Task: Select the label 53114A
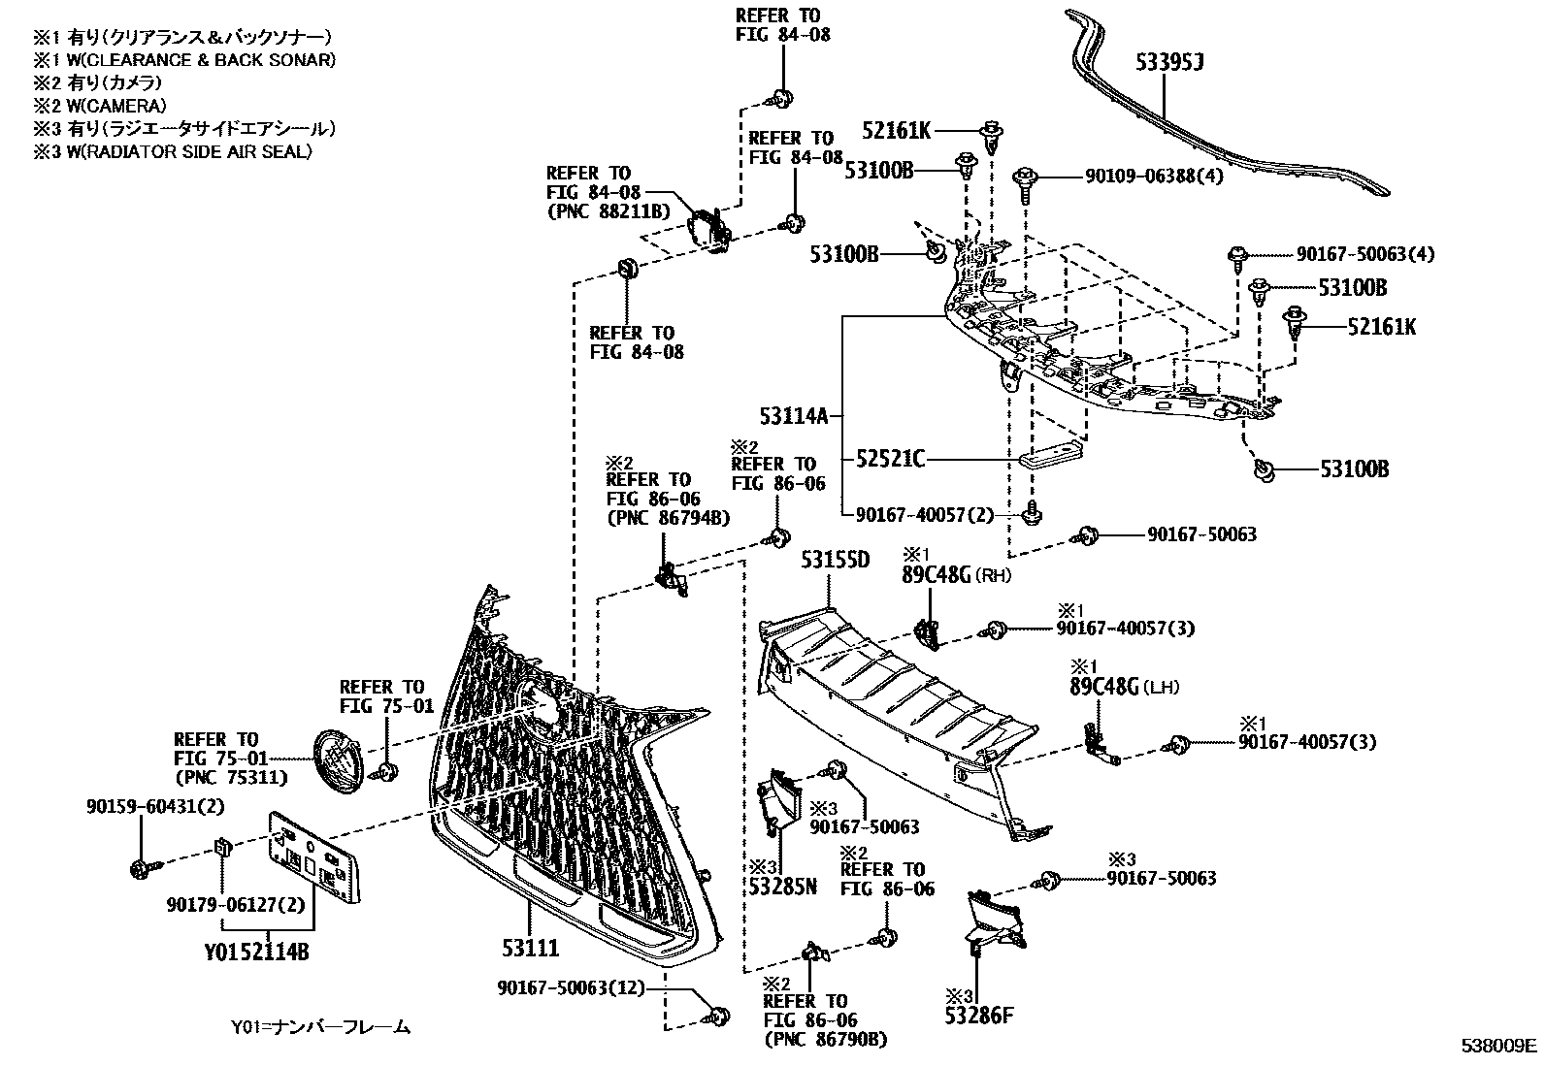point(794,417)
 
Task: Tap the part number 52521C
point(890,459)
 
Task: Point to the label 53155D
point(835,560)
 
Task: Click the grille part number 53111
point(529,947)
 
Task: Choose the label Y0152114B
point(256,953)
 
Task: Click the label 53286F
point(980,1017)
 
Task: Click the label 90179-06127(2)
point(222,904)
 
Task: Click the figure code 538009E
point(1499,1046)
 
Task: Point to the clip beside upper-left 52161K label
point(992,137)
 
